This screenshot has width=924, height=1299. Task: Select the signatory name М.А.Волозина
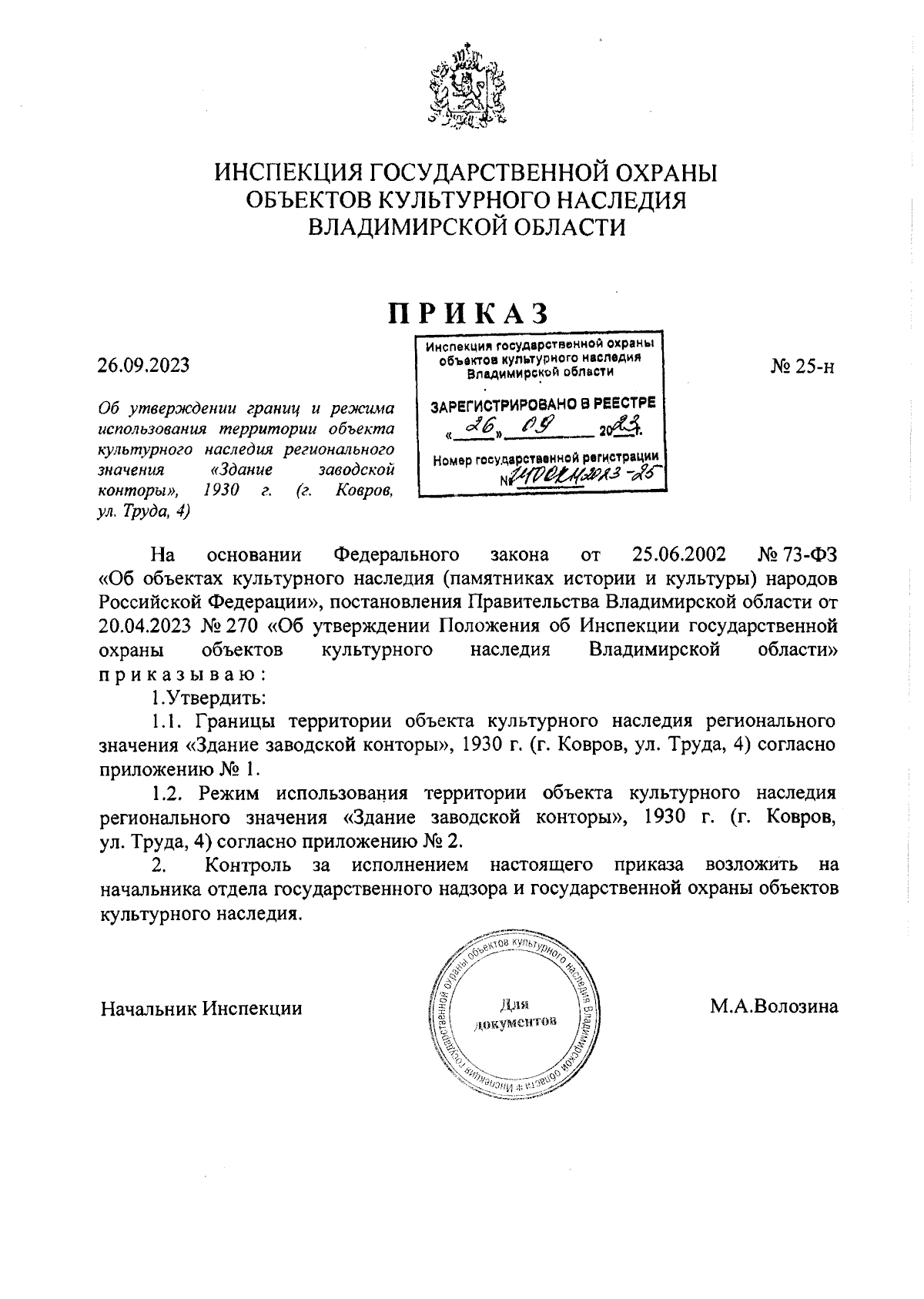tap(774, 1007)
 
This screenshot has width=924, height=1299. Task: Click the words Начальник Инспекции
tap(201, 1008)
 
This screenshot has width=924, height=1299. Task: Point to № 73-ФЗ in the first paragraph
tap(798, 554)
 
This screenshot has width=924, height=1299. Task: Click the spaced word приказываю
tap(182, 675)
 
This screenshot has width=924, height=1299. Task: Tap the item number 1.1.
tap(166, 721)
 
